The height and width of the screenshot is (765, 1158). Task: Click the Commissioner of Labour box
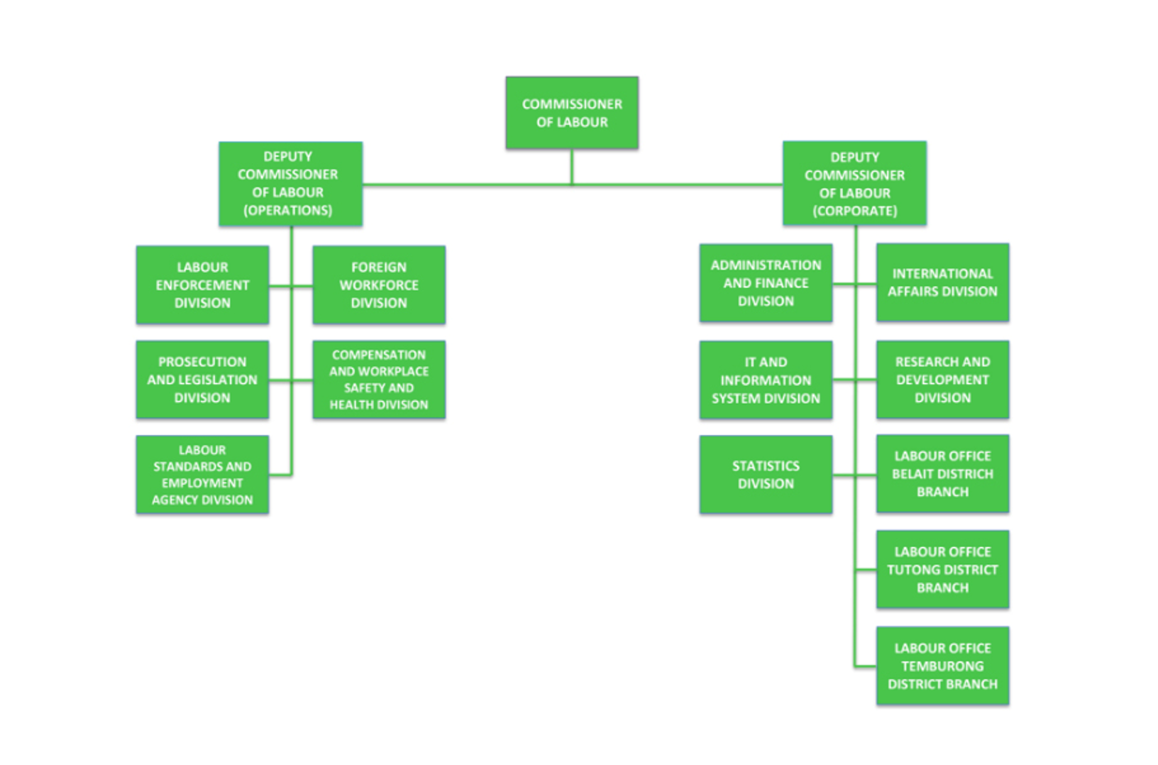click(572, 113)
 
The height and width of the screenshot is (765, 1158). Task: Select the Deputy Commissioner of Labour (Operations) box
click(290, 184)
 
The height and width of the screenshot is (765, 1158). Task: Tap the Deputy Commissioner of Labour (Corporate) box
click(854, 184)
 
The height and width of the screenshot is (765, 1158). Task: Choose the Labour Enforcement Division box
click(202, 285)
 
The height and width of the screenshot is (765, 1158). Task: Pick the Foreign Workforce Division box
click(379, 285)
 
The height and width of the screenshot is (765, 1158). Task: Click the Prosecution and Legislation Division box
click(202, 380)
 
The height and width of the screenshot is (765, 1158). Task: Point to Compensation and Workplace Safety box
click(379, 380)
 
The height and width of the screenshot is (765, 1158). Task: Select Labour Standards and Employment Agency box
click(202, 475)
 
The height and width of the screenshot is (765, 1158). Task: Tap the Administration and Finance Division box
click(766, 283)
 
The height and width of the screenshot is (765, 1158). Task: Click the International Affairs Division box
click(942, 282)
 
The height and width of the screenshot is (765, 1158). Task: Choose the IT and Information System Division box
click(766, 380)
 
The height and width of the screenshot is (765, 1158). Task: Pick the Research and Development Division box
click(942, 380)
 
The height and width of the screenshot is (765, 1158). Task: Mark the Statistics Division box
click(766, 475)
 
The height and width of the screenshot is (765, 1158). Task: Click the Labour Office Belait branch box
click(942, 474)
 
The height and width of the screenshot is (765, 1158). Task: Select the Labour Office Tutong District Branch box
click(942, 569)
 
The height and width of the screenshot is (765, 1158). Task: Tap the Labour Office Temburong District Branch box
click(942, 666)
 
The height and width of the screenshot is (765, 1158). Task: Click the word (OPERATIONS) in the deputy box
click(287, 211)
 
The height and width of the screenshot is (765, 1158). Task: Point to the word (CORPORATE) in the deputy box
click(854, 211)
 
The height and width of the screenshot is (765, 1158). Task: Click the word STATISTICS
click(766, 466)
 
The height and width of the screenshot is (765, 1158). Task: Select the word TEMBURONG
click(942, 666)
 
